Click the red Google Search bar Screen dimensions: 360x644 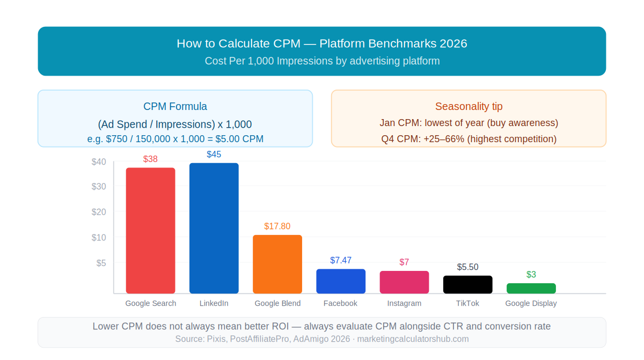tap(150, 231)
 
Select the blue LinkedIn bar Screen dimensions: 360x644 tap(214, 228)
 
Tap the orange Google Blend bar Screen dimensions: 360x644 tap(277, 264)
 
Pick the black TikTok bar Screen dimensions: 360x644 tap(467, 284)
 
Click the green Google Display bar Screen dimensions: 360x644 tap(531, 288)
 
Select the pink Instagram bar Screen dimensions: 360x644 tap(404, 282)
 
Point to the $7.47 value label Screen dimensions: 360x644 tap(341, 260)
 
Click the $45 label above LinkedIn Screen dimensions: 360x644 tap(214, 155)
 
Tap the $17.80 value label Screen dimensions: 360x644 tap(277, 226)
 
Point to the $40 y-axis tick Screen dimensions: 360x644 tap(99, 161)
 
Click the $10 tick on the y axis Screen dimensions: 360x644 tap(99, 238)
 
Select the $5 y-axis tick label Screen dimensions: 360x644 tap(101, 263)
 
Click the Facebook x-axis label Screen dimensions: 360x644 tap(340, 303)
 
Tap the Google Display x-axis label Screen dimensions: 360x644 tap(531, 303)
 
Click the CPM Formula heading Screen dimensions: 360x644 tap(175, 106)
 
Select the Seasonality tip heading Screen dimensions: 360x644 tap(469, 106)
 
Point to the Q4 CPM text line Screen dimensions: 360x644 tap(469, 139)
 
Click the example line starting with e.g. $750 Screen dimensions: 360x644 tap(175, 139)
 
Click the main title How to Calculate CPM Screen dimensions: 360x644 tap(322, 43)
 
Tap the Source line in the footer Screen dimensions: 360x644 tap(322, 339)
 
